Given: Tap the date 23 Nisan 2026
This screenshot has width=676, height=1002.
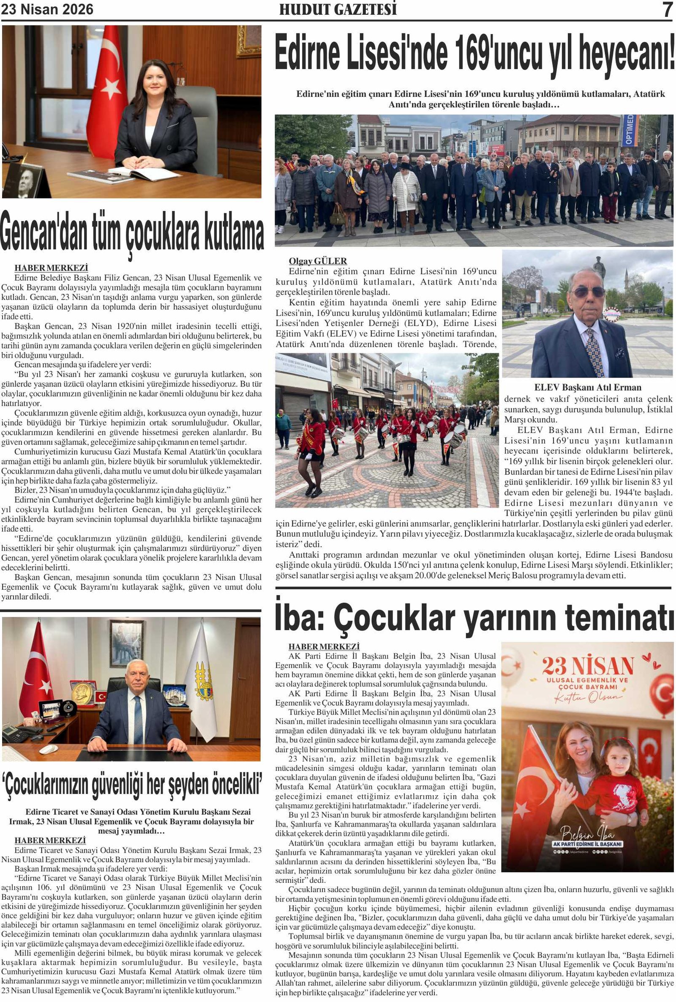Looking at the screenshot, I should (x=47, y=9).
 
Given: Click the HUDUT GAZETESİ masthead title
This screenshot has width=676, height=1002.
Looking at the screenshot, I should (x=338, y=9).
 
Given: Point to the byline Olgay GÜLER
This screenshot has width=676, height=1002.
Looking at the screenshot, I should (x=318, y=261).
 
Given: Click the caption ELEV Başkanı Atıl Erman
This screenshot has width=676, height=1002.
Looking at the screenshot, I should (x=587, y=387).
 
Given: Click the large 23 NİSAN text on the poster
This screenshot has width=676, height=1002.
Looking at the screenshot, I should (x=588, y=667).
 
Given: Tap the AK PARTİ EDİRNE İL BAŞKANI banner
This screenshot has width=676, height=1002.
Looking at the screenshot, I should (x=587, y=844).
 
